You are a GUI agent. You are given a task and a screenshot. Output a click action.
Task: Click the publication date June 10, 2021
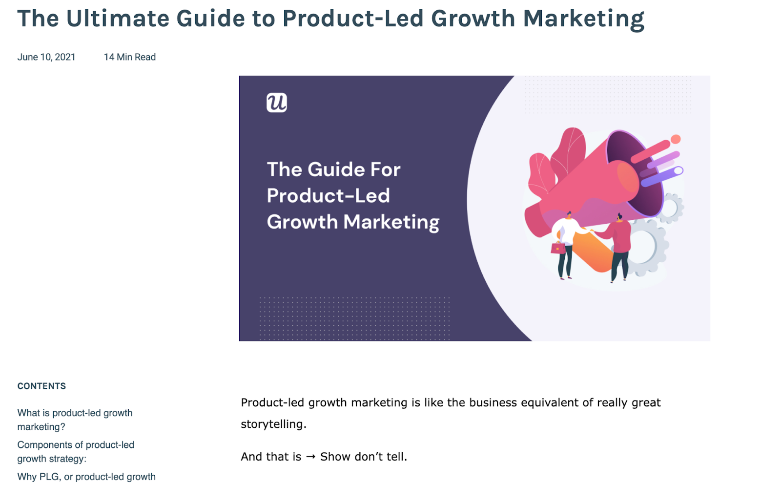[x=46, y=57]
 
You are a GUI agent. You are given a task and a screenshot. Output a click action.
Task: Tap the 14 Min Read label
[x=130, y=57]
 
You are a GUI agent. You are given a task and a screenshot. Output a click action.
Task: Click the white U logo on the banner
[x=276, y=103]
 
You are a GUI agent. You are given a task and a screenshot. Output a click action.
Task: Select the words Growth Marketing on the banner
[x=353, y=222]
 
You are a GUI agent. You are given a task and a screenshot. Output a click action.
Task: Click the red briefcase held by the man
[x=558, y=248]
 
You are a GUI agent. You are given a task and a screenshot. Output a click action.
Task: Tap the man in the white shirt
[x=567, y=244]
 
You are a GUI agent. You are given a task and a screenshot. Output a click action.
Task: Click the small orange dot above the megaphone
[x=676, y=139]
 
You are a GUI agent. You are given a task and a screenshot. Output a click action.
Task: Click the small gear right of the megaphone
[x=671, y=208]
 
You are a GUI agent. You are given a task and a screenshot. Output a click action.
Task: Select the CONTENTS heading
[x=41, y=386]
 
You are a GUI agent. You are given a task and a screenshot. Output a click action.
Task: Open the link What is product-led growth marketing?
[x=75, y=420]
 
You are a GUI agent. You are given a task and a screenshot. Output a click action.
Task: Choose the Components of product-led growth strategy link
[x=76, y=452]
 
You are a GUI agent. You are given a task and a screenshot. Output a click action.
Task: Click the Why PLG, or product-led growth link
[x=86, y=477]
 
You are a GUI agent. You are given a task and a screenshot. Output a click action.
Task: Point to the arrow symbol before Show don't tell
[x=310, y=457]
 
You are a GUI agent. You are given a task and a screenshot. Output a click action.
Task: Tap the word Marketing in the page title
[x=584, y=18]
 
